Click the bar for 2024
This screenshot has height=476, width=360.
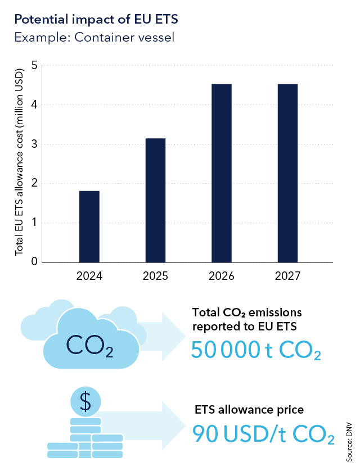tap(89, 226)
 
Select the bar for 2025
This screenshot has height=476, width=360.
tap(155, 200)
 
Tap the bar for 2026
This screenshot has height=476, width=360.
tap(222, 173)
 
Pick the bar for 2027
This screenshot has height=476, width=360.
tap(287, 173)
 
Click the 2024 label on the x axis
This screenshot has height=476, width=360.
tap(89, 276)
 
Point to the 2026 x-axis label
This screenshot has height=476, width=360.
tap(222, 276)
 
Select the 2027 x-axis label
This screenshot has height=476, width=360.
tap(287, 276)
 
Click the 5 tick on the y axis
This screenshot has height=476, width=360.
tap(34, 65)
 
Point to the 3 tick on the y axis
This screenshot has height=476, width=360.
tap(34, 144)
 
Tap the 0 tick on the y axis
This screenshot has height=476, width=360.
tap(34, 262)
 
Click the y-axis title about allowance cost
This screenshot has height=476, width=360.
tap(19, 163)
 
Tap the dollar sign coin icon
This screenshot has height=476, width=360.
tap(85, 401)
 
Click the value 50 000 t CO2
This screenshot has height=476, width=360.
tap(256, 350)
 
